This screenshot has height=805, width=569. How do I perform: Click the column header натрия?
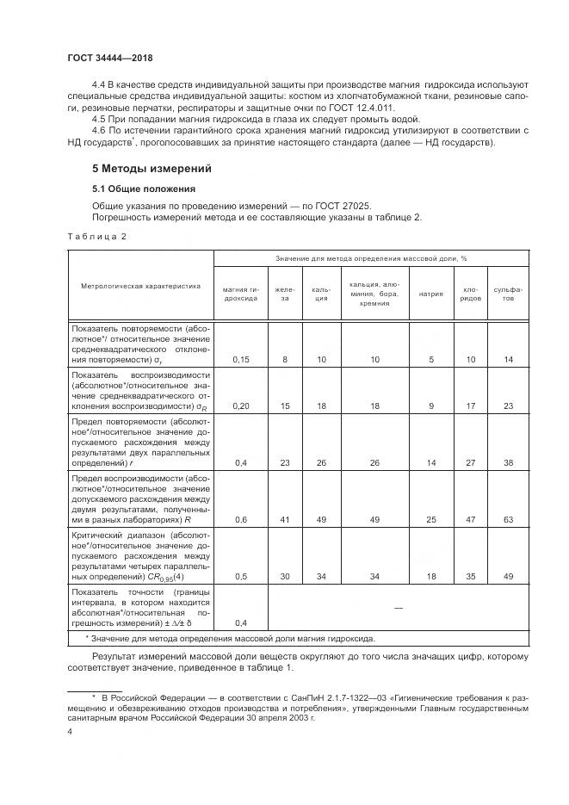tap(430, 294)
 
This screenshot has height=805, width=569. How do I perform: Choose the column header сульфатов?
tap(508, 294)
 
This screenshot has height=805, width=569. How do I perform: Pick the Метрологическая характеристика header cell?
tap(140, 284)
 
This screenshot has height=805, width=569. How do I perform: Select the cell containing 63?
tap(508, 519)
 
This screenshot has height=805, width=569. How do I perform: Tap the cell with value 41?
tap(284, 519)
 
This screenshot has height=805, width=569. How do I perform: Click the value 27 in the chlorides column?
tap(471, 462)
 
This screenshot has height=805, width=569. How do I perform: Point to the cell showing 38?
tap(508, 462)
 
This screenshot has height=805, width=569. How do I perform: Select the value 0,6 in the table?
tap(242, 519)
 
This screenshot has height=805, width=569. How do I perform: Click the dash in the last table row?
tap(398, 607)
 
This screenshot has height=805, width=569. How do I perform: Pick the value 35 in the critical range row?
tap(471, 576)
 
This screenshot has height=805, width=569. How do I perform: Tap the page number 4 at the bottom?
tap(70, 731)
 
